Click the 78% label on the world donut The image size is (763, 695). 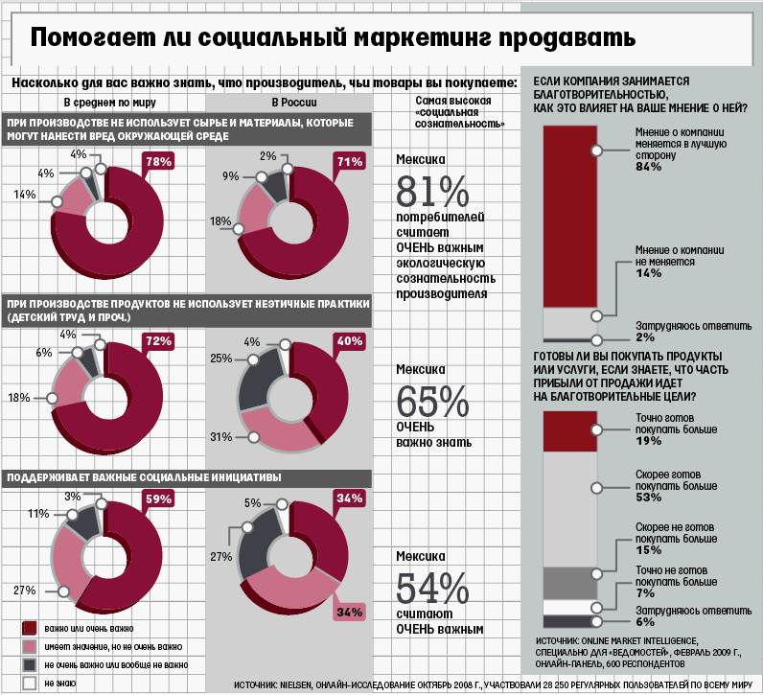coord(158,162)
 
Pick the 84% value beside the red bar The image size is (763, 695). coord(649,167)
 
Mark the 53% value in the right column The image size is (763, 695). coord(649,498)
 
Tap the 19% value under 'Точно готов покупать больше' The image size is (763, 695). coord(649,441)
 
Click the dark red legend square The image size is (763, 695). coord(29,627)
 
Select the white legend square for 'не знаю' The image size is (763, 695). coord(29,683)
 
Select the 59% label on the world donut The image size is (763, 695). coord(158,498)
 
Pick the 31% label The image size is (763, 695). coord(220,437)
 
